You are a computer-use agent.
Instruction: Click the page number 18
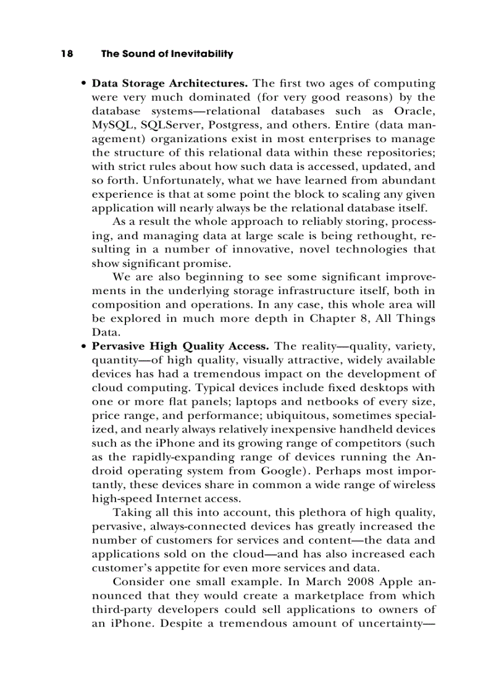point(67,54)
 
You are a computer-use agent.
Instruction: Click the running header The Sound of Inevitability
point(167,54)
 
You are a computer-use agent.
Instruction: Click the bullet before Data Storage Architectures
point(83,84)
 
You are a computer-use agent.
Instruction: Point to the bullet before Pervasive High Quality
point(83,347)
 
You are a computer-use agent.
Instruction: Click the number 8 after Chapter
point(366,319)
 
